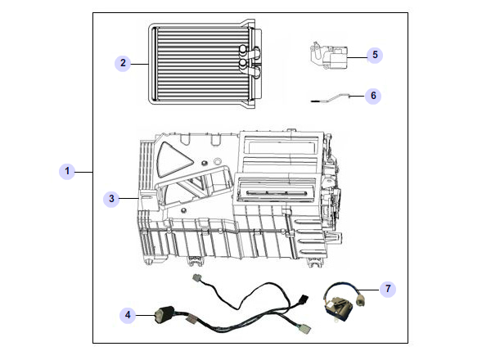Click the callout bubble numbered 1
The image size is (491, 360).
(x=69, y=171)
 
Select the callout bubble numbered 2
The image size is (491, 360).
(x=123, y=63)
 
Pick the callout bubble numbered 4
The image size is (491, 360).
(x=128, y=313)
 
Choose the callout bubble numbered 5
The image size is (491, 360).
(x=374, y=55)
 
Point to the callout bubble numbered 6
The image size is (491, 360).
(x=373, y=96)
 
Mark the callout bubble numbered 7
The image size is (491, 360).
(x=388, y=289)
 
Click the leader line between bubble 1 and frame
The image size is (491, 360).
(x=85, y=171)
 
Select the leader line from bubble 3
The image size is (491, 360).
(x=131, y=198)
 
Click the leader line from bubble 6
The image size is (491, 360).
(x=357, y=97)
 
